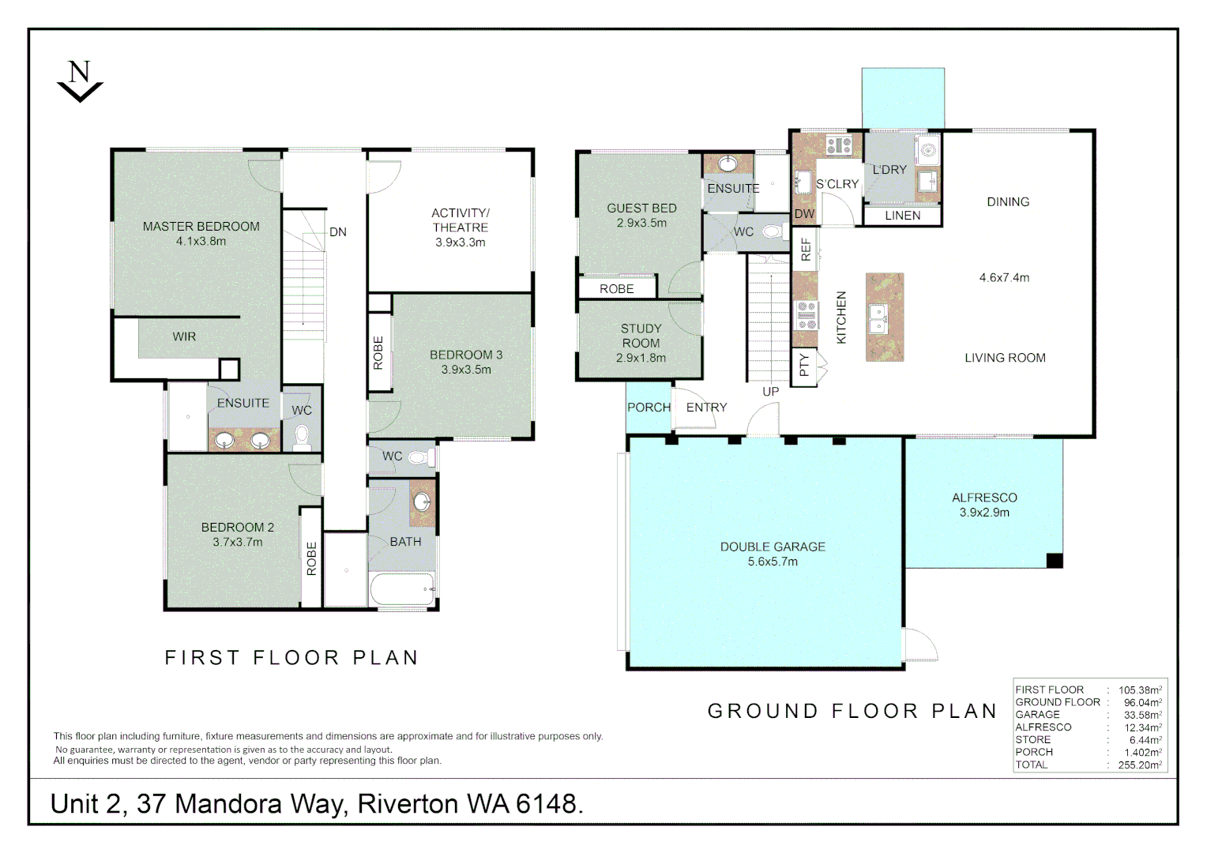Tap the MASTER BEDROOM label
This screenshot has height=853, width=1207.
tap(201, 227)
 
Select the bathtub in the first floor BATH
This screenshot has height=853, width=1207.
tap(402, 589)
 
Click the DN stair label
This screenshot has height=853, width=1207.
tap(338, 232)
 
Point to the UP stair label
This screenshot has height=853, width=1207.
tap(770, 392)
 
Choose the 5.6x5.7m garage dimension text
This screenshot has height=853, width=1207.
tap(773, 562)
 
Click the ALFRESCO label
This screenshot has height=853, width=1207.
tap(984, 498)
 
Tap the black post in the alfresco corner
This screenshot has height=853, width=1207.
tap(1055, 561)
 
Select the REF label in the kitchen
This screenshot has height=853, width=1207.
tap(806, 250)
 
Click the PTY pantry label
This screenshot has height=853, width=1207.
tap(804, 365)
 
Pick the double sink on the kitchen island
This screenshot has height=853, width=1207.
tap(878, 318)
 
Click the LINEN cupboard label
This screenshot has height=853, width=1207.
tap(903, 216)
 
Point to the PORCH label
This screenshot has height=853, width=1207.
tap(649, 408)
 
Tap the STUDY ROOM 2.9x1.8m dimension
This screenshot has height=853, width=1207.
tap(641, 358)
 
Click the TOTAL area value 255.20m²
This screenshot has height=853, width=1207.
tap(1140, 765)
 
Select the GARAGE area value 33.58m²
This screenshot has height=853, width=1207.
tap(1142, 715)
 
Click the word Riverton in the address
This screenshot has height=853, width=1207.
tap(408, 804)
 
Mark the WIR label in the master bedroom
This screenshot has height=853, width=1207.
tap(184, 336)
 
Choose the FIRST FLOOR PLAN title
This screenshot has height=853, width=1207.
tap(291, 657)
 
